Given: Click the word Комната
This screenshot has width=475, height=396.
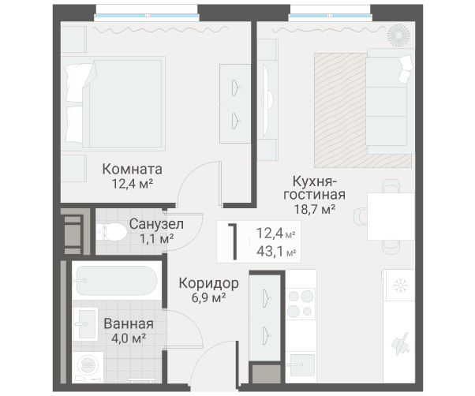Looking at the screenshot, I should [x=133, y=169].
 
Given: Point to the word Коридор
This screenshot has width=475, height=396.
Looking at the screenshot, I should [x=208, y=282].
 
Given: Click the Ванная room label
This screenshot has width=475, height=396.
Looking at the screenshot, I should [x=128, y=323].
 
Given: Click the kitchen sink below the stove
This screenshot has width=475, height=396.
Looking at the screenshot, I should [x=301, y=364].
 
